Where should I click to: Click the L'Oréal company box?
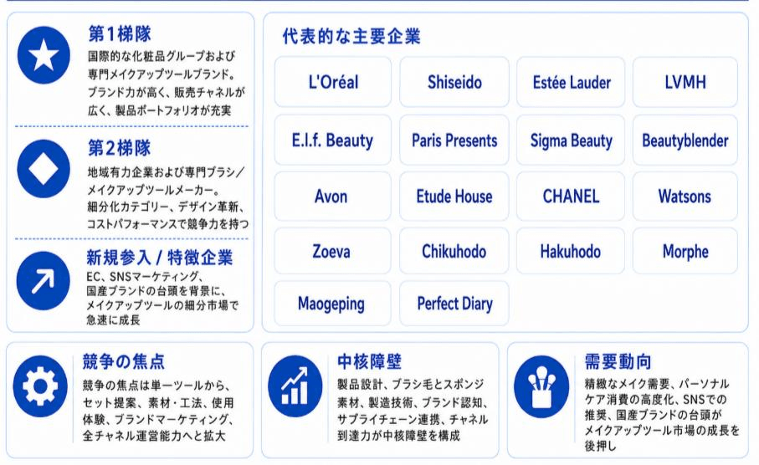(332, 82)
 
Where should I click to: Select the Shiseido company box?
(454, 82)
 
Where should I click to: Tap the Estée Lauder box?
(571, 82)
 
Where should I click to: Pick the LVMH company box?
(685, 82)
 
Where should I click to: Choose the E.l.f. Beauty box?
(332, 141)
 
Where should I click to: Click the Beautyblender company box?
(685, 141)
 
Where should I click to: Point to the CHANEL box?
(571, 196)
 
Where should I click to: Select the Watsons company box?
(685, 196)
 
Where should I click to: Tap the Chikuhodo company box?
(454, 251)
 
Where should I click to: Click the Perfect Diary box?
(454, 304)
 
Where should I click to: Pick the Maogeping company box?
(332, 304)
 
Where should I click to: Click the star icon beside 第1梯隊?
(44, 55)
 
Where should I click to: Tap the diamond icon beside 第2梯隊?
(44, 169)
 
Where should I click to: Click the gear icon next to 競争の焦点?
(40, 386)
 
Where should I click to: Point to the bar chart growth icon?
(295, 386)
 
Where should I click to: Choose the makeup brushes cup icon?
(541, 386)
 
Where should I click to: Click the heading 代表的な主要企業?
(351, 36)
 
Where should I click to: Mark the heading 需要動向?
(618, 361)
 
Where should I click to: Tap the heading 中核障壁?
(369, 361)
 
